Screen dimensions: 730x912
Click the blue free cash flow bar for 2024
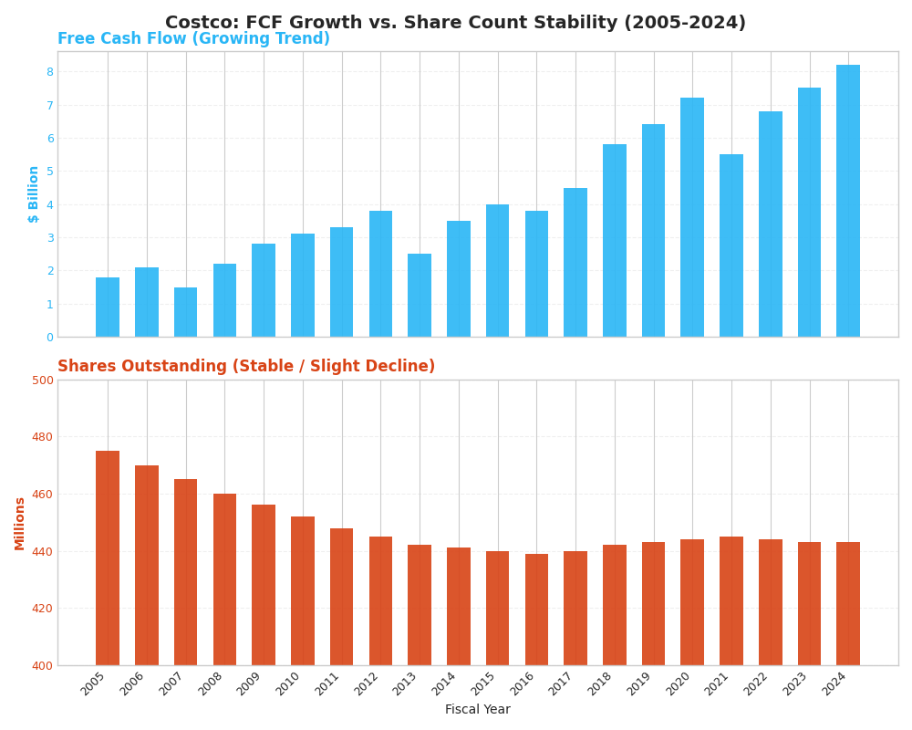848,201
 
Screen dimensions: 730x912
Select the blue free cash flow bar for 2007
186,312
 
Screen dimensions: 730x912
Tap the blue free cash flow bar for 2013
420,296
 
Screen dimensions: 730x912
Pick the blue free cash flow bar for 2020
692,217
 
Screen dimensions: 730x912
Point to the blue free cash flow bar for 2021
731,245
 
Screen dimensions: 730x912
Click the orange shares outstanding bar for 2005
108,558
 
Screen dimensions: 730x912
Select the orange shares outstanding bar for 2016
536,610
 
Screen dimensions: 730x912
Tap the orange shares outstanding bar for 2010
303,590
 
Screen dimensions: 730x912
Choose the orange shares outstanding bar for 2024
848,603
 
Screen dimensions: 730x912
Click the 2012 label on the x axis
367,684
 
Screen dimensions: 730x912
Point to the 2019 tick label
639,684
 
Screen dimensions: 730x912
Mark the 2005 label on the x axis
94,684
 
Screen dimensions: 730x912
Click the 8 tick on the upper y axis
49,72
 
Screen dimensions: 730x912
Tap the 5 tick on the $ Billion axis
49,172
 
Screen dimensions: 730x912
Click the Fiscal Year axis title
477,710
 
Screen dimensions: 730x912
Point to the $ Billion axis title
34,193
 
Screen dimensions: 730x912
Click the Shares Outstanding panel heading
246,367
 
